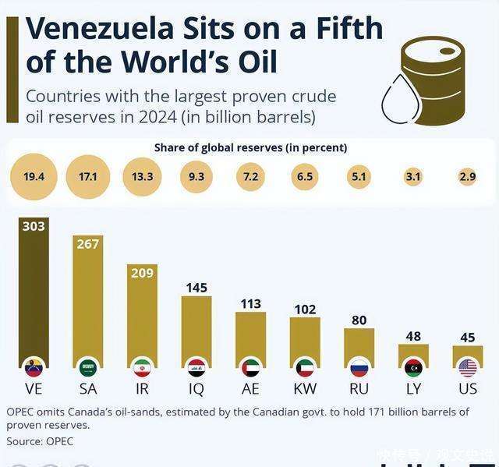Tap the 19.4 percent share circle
coord(34,177)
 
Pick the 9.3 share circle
coord(196,177)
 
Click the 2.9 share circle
coord(468,177)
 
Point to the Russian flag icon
coord(359,367)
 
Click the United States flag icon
coord(468,367)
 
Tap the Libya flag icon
coord(413,367)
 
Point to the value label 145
coord(196,288)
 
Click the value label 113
coord(251,304)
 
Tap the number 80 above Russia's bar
coord(359,320)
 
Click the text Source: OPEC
coord(40,441)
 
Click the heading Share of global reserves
coord(250,147)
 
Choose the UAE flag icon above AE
coord(251,367)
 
